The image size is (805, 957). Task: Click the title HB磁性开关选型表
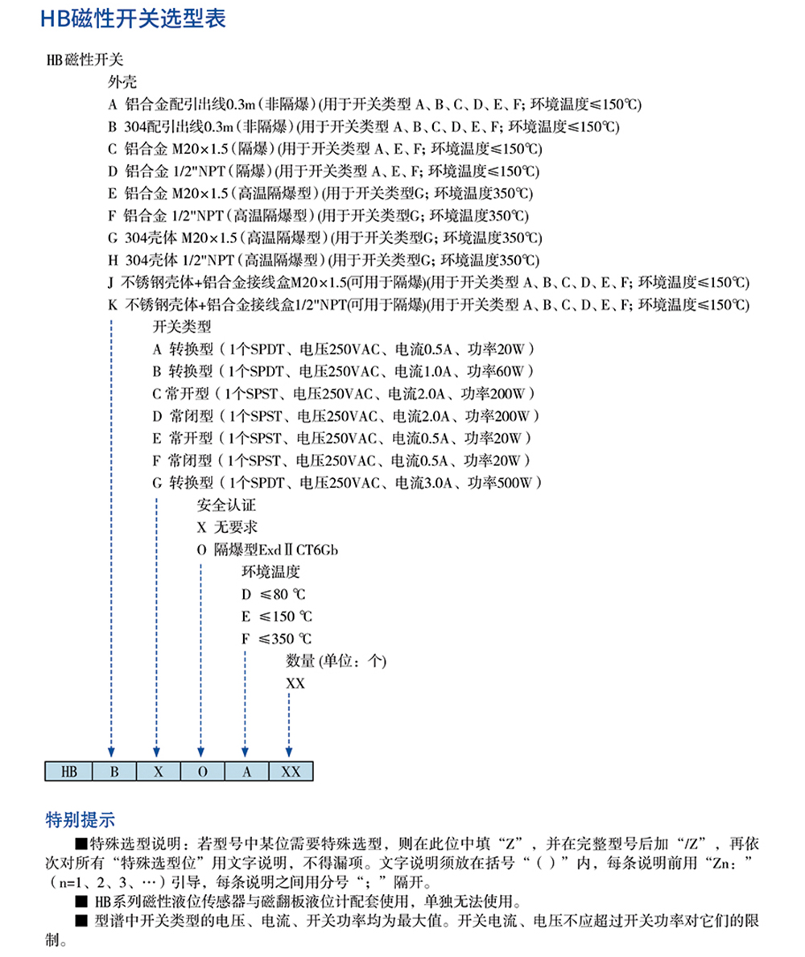tap(133, 20)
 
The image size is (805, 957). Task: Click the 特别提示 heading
tap(80, 820)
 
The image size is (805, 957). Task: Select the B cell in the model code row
tap(114, 770)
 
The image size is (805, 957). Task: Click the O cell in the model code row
tap(202, 770)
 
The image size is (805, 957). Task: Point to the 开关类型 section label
tap(181, 328)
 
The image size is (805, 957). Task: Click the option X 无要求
tap(228, 528)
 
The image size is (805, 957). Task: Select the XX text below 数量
tap(295, 683)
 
